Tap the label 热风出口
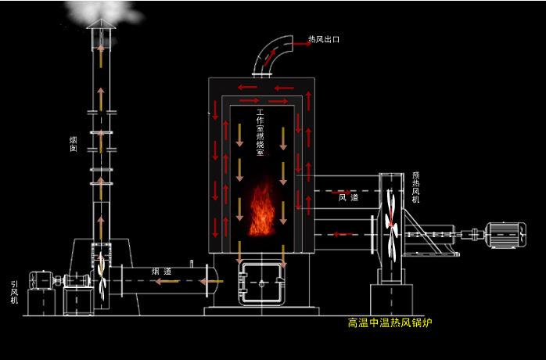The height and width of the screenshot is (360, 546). (324, 38)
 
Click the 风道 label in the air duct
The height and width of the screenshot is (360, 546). (348, 198)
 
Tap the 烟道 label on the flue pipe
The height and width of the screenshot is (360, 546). (162, 271)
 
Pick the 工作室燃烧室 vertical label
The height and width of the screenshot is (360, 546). (260, 133)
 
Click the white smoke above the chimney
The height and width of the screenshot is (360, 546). (102, 9)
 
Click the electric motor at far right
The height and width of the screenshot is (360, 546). (505, 232)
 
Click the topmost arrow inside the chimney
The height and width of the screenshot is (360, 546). (100, 53)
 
